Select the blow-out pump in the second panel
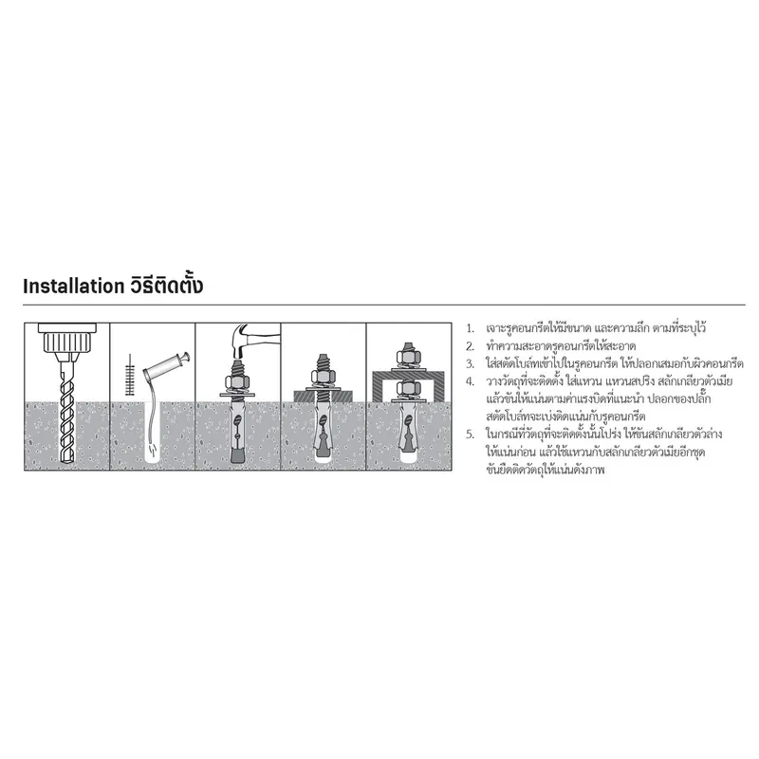171,366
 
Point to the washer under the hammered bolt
237,393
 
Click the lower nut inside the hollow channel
409,386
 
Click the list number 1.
469,327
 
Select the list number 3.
469,363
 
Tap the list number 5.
469,435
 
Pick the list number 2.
469,345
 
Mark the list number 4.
469,381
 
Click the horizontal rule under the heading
379,305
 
